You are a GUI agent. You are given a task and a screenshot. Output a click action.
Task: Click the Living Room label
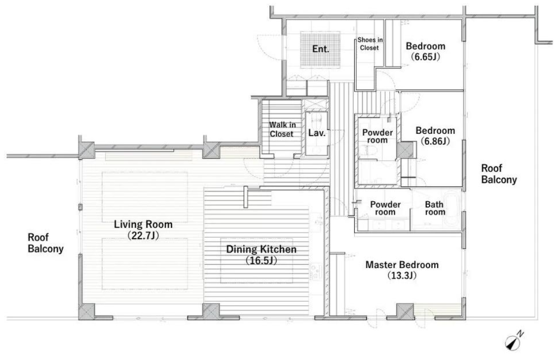tap(143, 224)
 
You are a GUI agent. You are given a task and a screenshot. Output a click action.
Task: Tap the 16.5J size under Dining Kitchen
tap(261, 261)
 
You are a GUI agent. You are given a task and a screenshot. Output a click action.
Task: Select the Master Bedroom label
tap(402, 265)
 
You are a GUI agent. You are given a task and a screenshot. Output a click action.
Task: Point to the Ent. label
tap(320, 49)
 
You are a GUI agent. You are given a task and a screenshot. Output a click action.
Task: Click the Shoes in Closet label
tap(370, 44)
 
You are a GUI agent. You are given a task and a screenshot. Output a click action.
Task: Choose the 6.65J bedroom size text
tap(425, 56)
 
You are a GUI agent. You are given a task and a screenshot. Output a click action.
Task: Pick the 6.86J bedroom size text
tap(435, 141)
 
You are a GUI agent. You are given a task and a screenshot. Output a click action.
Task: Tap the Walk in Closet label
tap(281, 129)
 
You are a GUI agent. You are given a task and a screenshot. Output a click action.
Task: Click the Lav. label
tap(316, 133)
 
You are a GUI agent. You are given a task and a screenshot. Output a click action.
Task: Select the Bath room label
tap(435, 208)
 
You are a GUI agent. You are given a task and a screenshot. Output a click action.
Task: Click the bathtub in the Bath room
tap(452, 209)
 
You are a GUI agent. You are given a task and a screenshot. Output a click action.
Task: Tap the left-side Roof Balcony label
tap(45, 243)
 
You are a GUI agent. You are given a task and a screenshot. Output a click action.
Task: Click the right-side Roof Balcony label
tap(499, 174)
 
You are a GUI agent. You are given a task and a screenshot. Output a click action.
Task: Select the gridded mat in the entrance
tap(320, 49)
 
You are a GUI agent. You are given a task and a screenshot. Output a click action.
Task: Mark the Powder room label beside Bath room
tap(385, 208)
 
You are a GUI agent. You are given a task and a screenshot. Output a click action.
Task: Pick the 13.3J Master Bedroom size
tap(402, 276)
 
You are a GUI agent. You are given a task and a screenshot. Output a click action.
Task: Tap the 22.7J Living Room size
tap(143, 236)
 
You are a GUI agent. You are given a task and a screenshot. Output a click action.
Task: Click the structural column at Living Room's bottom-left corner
tap(86, 312)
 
